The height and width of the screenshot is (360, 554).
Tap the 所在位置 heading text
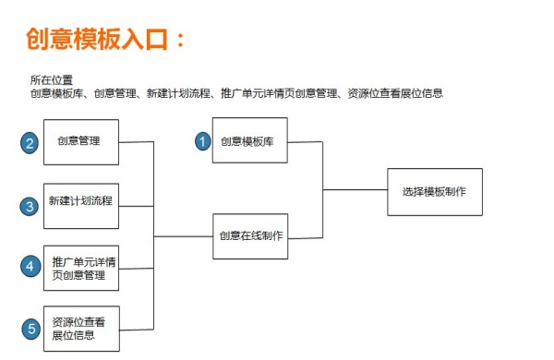(x=51, y=80)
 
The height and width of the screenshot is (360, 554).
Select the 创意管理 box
(x=81, y=142)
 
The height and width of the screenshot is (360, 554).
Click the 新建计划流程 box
(x=81, y=201)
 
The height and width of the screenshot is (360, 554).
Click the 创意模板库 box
(x=250, y=141)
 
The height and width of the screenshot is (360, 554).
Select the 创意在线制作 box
(x=250, y=236)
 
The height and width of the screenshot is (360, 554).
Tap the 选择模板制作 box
(x=434, y=192)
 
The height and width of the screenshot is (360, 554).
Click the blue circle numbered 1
(x=202, y=141)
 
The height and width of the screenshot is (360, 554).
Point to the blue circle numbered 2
(x=30, y=143)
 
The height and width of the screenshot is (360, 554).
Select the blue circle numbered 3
(x=30, y=207)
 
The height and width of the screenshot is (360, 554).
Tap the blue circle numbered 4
(x=30, y=266)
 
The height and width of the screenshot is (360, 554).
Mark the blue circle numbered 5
(x=30, y=328)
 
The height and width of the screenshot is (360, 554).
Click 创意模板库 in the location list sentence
(x=57, y=92)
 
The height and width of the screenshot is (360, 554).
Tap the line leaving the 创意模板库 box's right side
(x=305, y=143)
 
